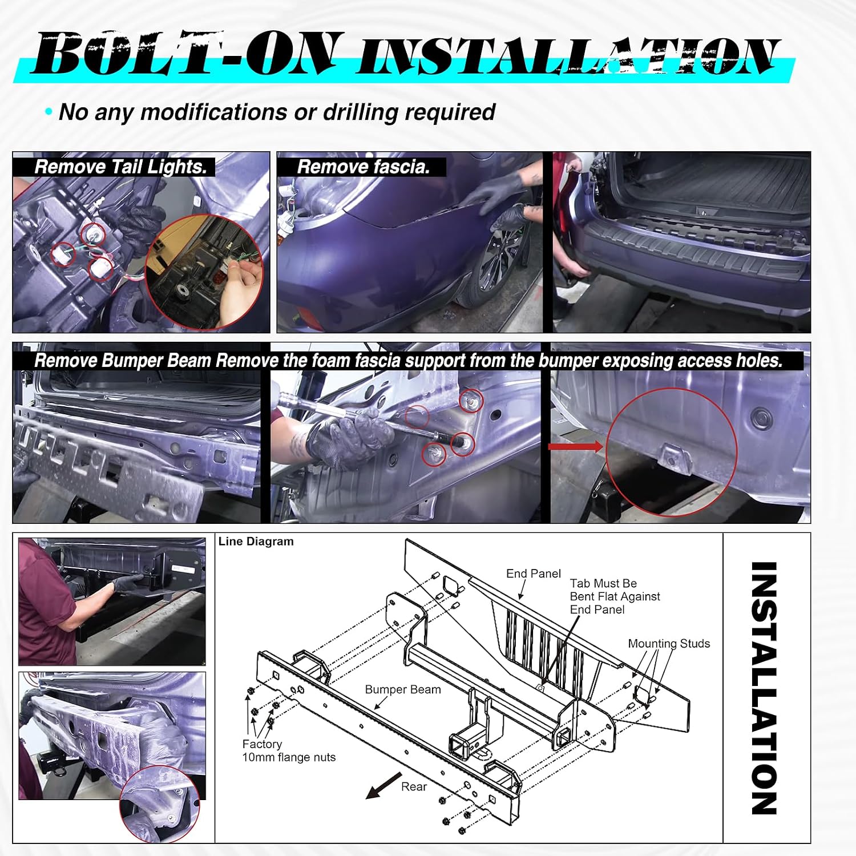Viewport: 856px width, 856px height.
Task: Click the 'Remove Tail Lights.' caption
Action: tap(120, 167)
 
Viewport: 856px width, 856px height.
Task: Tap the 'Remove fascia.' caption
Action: tap(363, 167)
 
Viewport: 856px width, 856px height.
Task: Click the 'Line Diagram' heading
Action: tap(256, 542)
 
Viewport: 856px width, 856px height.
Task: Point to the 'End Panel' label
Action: tap(533, 574)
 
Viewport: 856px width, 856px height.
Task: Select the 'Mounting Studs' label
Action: tap(669, 644)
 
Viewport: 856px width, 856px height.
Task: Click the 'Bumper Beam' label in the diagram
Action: tap(403, 689)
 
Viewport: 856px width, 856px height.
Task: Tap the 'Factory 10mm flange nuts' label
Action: tap(289, 751)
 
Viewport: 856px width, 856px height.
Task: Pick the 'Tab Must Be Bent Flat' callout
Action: tap(615, 596)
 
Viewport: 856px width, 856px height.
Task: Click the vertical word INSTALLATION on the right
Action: tap(764, 688)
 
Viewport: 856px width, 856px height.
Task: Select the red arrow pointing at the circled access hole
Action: tap(576, 446)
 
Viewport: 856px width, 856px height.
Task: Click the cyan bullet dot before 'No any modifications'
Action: tap(49, 112)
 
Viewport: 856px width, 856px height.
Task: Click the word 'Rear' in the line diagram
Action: tap(414, 787)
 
